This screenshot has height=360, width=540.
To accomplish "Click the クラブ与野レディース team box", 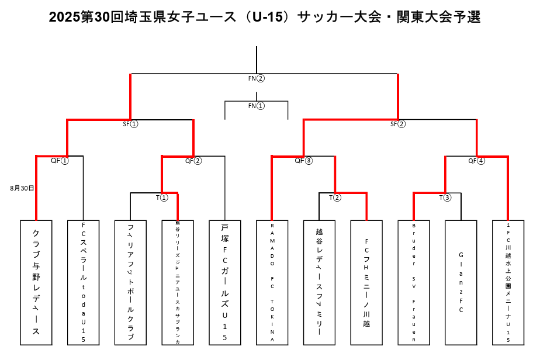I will pyautogui.click(x=36, y=282).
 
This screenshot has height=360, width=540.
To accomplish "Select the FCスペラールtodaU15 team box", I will pyautogui.click(x=84, y=282).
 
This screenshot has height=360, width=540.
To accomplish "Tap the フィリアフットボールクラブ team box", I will pyautogui.click(x=130, y=282).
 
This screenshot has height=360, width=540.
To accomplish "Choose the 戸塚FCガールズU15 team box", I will pyautogui.click(x=225, y=282).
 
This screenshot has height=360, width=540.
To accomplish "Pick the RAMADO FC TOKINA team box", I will pyautogui.click(x=272, y=282).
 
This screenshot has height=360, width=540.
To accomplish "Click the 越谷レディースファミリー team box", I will pyautogui.click(x=319, y=282).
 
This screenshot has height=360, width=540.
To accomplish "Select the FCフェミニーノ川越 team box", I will pyautogui.click(x=366, y=282).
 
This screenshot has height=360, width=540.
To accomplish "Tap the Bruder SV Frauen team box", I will pyautogui.click(x=414, y=282).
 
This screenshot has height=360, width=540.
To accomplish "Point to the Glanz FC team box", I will pyautogui.click(x=461, y=282).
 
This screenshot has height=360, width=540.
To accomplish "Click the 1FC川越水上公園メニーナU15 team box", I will pyautogui.click(x=508, y=282).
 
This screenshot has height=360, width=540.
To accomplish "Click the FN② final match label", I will pyautogui.click(x=257, y=78).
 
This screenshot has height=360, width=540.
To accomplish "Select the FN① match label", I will pyautogui.click(x=257, y=106).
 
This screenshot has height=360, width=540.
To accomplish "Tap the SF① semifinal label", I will pyautogui.click(x=130, y=124).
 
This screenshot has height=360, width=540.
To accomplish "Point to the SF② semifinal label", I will pyautogui.click(x=398, y=124).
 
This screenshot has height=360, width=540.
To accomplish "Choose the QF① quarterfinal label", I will pyautogui.click(x=60, y=161).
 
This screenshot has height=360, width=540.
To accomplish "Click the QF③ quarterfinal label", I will pyautogui.click(x=304, y=161).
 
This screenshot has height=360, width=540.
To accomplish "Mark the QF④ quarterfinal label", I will pyautogui.click(x=477, y=161).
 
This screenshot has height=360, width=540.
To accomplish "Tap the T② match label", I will pyautogui.click(x=335, y=198).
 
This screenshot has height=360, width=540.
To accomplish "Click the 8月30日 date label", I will pyautogui.click(x=22, y=188).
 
